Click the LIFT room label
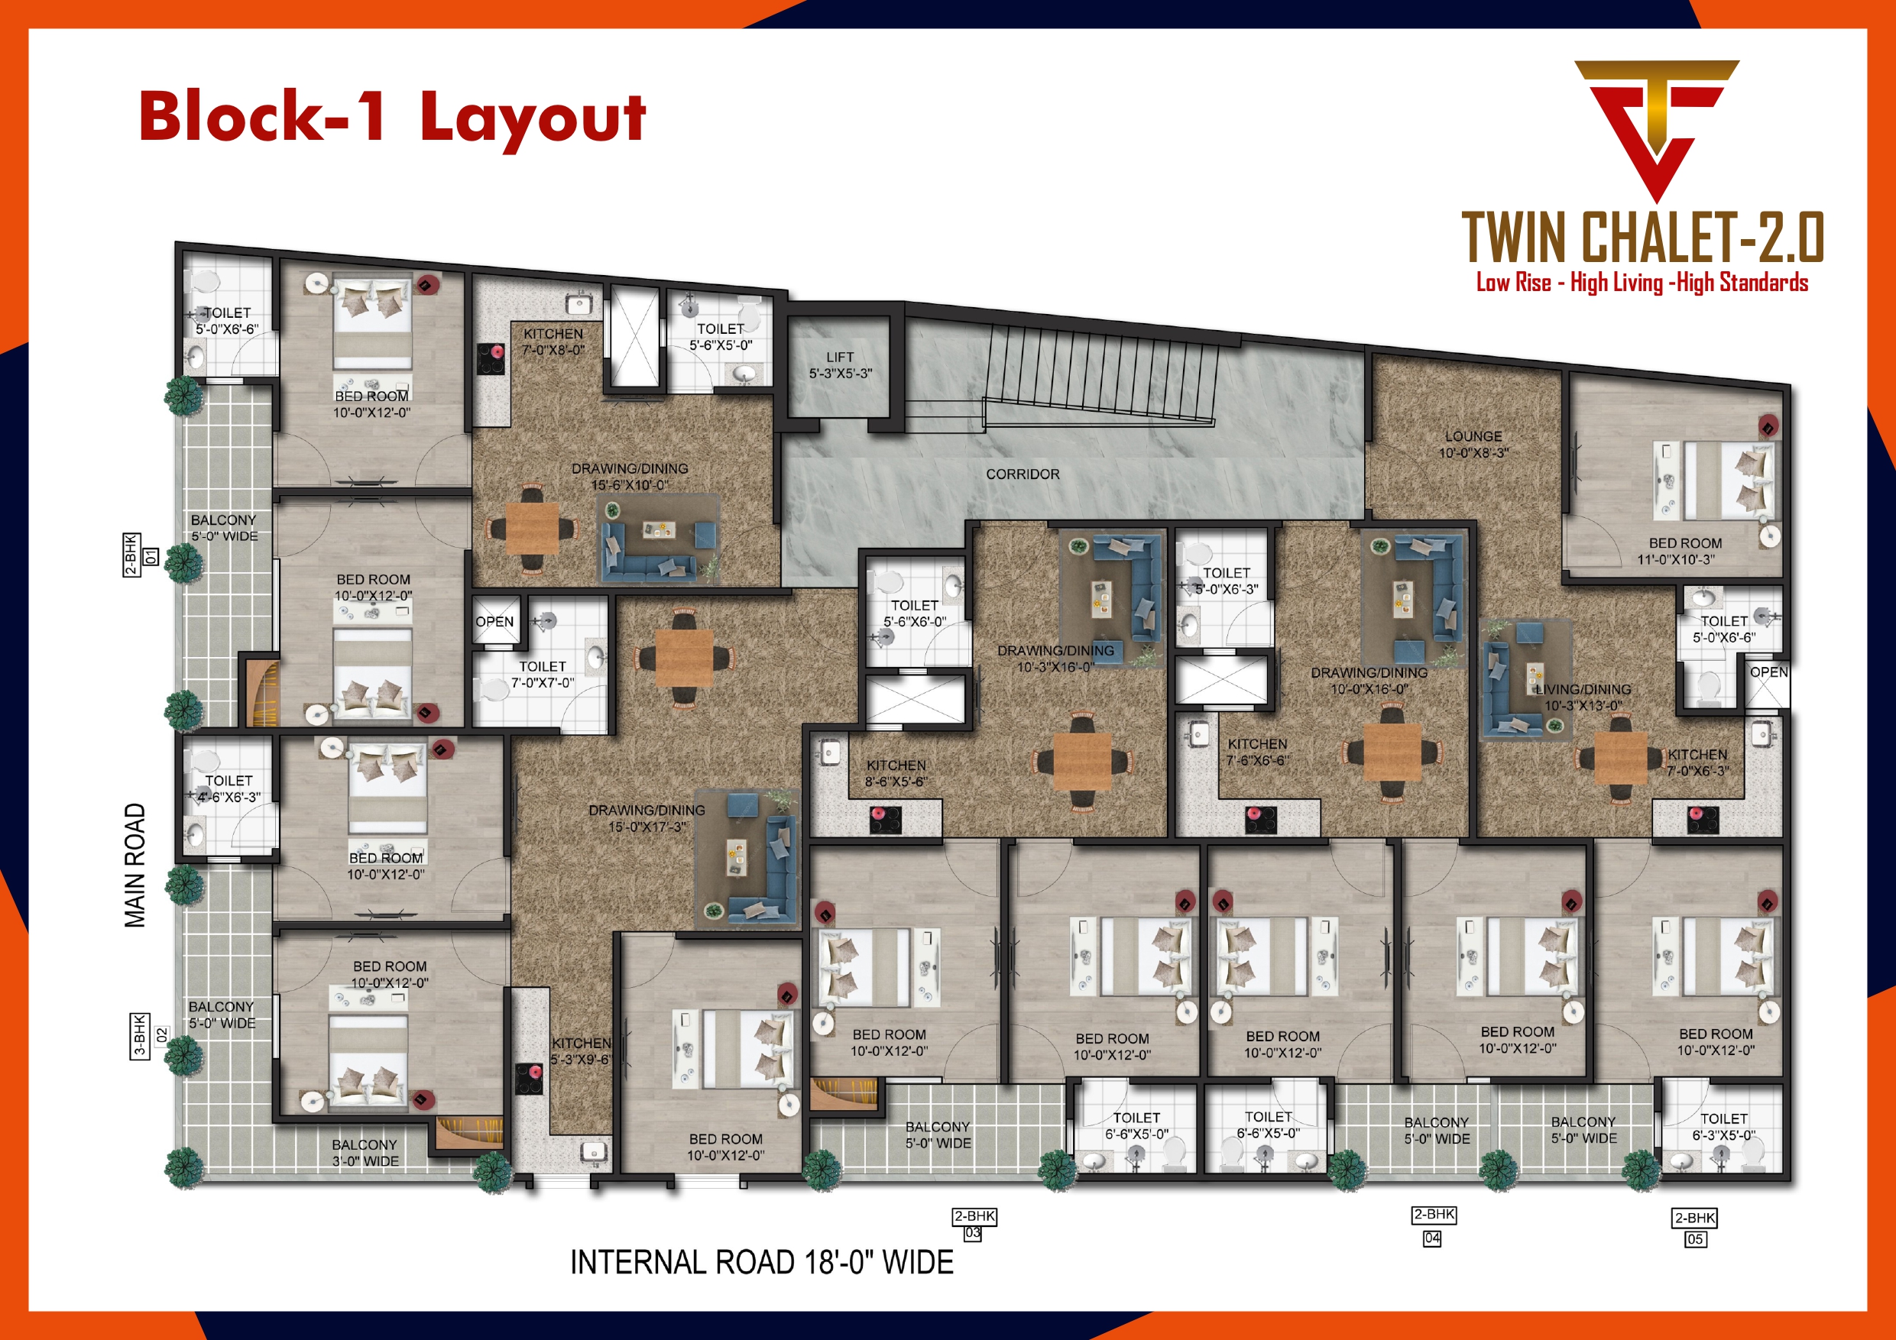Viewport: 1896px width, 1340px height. click(840, 365)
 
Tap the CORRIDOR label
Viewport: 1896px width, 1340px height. click(1023, 474)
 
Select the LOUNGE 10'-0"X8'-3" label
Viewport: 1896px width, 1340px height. click(1473, 444)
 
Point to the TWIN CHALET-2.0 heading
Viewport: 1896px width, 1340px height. click(1642, 238)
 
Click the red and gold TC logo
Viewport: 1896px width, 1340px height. click(1656, 128)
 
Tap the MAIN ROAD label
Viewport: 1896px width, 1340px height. click(135, 865)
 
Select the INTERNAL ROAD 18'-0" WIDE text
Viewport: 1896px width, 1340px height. click(761, 1262)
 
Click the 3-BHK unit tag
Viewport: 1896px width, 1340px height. click(140, 1035)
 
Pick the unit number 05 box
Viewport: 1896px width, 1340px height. click(1694, 1239)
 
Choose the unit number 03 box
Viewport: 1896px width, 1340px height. click(973, 1234)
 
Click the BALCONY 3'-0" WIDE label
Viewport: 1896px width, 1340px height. click(365, 1153)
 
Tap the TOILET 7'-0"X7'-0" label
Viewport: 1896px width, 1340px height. click(542, 675)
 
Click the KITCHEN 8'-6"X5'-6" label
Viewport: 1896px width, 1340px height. click(896, 774)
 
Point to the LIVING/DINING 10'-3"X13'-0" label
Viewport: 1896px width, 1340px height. click(1583, 698)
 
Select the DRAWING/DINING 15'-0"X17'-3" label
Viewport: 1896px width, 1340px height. click(647, 818)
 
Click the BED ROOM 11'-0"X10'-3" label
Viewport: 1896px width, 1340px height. click(1684, 552)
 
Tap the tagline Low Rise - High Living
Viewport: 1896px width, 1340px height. click(1642, 283)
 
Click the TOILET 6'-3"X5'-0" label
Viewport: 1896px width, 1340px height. click(1723, 1127)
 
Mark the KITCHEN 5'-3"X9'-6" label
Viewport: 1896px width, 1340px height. click(582, 1051)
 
